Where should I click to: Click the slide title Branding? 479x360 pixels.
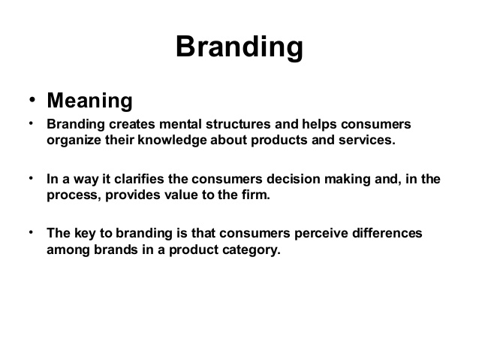tap(239, 47)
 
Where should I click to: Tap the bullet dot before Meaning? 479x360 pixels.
tap(32, 100)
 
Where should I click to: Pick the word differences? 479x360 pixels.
tap(384, 234)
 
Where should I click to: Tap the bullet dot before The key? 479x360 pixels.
tap(32, 232)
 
